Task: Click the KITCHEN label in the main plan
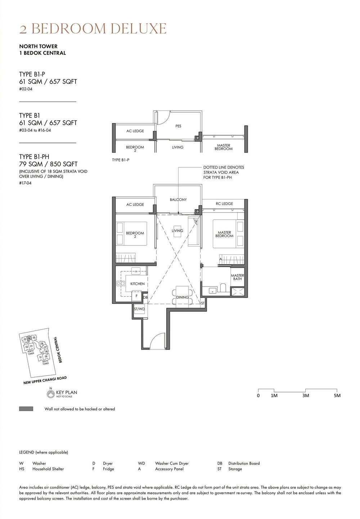(138, 284)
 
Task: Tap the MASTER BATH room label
(237, 277)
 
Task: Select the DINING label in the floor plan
(183, 297)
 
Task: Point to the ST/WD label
(139, 309)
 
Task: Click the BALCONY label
(178, 199)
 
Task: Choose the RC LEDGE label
(224, 204)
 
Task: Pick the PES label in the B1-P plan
(178, 126)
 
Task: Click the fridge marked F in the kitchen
(136, 296)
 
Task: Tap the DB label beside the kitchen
(145, 297)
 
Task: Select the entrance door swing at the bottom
(157, 340)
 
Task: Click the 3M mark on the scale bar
(306, 396)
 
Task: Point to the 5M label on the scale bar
(337, 396)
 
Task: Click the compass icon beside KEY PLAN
(51, 394)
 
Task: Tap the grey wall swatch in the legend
(26, 409)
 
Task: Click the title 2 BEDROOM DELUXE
(93, 29)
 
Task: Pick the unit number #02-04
(26, 89)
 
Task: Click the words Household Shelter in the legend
(48, 469)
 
